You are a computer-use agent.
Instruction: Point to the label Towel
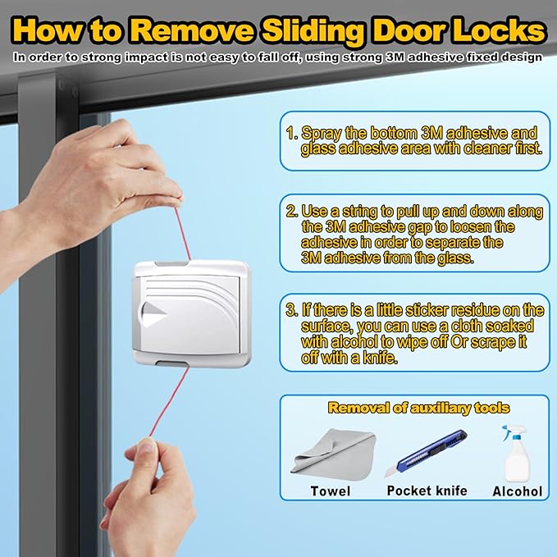[331, 491]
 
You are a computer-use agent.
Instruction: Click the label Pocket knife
[427, 491]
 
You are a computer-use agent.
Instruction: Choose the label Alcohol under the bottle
[517, 491]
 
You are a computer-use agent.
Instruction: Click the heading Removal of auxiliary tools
[418, 408]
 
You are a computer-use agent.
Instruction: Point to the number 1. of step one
[291, 132]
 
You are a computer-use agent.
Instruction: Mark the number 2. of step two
[291, 211]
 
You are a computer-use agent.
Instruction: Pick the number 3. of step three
[291, 310]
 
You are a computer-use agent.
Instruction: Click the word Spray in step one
[318, 132]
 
